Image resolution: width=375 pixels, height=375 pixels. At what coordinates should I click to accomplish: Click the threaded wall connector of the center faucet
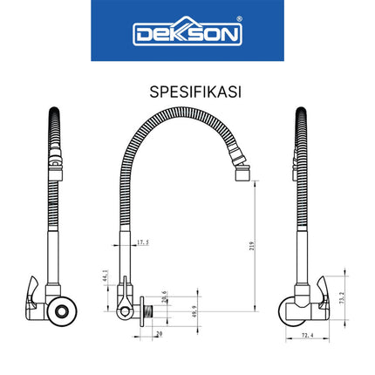(151, 310)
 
